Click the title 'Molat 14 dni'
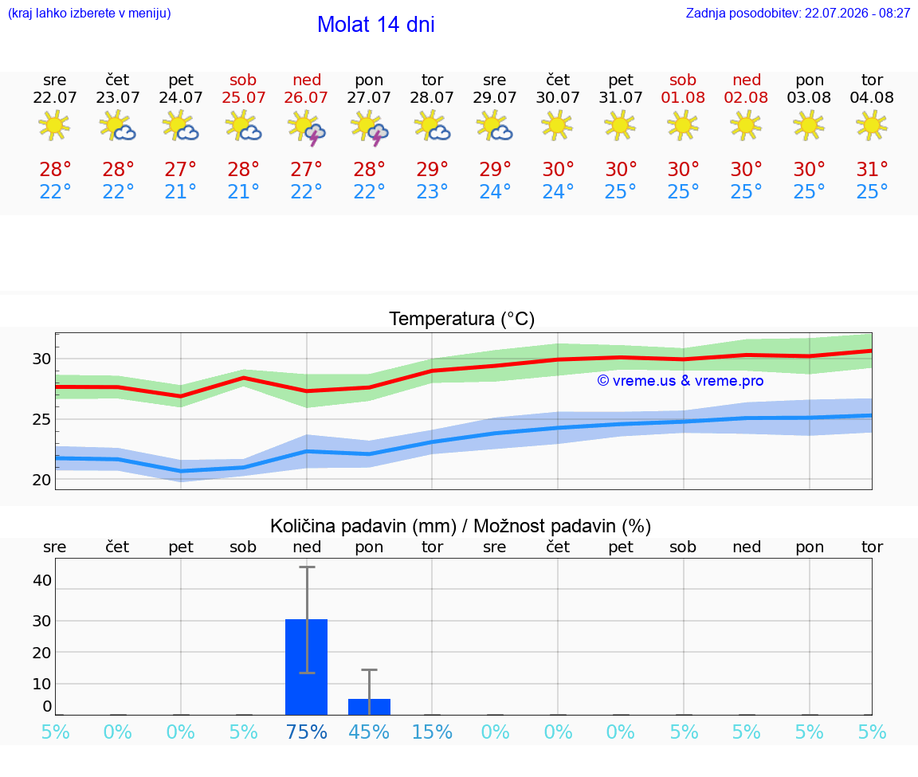[376, 25]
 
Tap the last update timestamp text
[798, 14]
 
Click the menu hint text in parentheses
[89, 14]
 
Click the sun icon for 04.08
[872, 126]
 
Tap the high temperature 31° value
[872, 169]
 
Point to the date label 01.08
[683, 97]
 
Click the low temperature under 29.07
[495, 191]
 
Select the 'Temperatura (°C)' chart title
[462, 319]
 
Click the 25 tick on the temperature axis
[41, 419]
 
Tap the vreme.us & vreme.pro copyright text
[681, 381]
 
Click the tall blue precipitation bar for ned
[306, 667]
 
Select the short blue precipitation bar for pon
[370, 707]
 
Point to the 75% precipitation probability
[306, 732]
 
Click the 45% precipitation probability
[370, 732]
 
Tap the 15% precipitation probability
[432, 732]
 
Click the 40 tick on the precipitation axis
[41, 580]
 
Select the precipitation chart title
[461, 526]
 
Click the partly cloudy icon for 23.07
[118, 127]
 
